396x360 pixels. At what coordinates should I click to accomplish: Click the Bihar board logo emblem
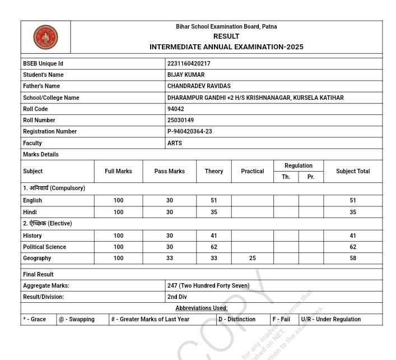(x=45, y=38)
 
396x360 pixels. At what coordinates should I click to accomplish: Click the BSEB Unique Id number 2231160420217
(x=189, y=63)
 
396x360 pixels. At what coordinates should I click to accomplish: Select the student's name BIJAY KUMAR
(x=186, y=75)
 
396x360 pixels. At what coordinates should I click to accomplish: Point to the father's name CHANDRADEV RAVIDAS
(x=199, y=86)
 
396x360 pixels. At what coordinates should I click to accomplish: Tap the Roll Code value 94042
(x=175, y=109)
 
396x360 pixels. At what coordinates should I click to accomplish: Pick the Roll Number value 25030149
(x=180, y=120)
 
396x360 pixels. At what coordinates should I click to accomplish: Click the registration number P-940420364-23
(x=190, y=131)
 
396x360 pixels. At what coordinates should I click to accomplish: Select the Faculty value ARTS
(x=174, y=143)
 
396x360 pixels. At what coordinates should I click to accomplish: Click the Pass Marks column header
(x=169, y=171)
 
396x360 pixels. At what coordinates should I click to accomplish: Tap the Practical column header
(x=252, y=171)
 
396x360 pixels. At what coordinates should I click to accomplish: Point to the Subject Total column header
(x=353, y=171)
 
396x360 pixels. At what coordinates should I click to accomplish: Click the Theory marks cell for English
(x=213, y=200)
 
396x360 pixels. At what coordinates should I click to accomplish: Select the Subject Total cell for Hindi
(x=353, y=212)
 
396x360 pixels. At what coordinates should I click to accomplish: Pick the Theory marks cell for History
(x=213, y=236)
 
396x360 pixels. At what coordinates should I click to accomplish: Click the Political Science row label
(x=44, y=247)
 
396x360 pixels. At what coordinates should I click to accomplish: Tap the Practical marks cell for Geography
(x=252, y=258)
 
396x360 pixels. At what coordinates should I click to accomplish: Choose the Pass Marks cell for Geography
(x=169, y=258)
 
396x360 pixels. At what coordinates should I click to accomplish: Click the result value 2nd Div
(x=177, y=297)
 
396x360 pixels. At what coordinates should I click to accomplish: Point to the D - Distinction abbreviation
(x=237, y=319)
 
